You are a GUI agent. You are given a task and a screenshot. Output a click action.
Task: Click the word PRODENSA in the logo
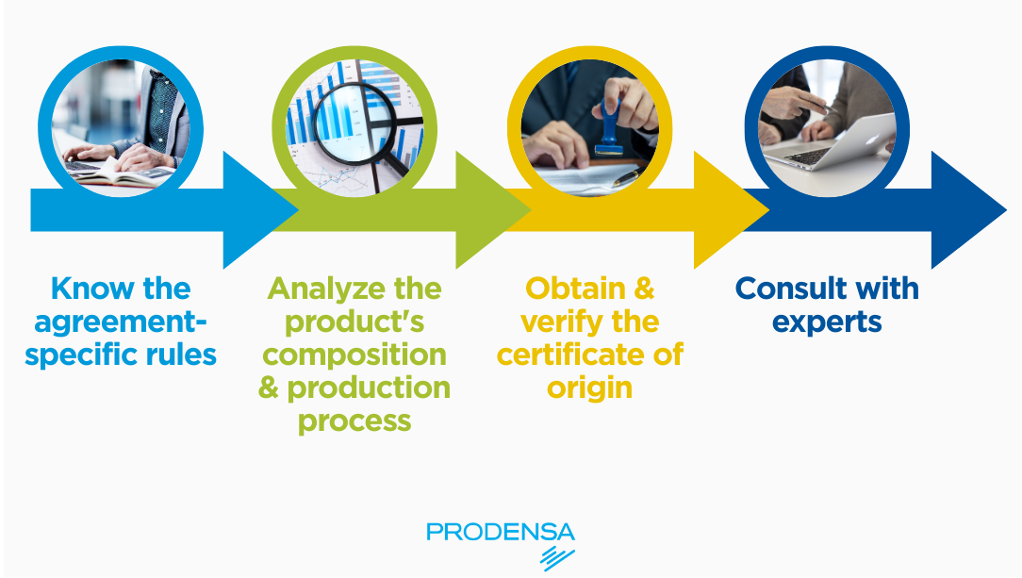[x=501, y=532]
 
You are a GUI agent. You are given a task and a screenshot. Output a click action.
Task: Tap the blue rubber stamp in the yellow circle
[x=610, y=129]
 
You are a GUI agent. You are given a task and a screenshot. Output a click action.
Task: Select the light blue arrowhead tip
[x=298, y=210]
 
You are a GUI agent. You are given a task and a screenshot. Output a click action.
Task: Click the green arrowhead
[x=493, y=210]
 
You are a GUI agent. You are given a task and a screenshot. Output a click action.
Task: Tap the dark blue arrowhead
[x=968, y=210]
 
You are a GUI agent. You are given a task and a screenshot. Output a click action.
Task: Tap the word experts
[x=827, y=323]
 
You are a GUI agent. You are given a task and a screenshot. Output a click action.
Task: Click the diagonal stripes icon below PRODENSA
[x=557, y=558]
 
